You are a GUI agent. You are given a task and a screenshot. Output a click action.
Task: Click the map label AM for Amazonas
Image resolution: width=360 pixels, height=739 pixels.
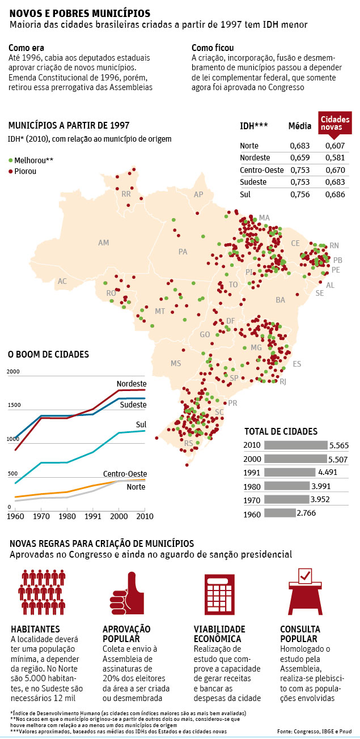pos(103,243)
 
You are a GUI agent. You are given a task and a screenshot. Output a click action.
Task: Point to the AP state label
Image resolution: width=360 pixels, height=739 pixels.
pos(198,194)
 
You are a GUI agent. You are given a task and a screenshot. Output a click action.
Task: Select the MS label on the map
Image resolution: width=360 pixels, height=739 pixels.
pos(176,363)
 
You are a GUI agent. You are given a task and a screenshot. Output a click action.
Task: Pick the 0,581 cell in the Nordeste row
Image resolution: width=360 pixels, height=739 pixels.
pos(335,158)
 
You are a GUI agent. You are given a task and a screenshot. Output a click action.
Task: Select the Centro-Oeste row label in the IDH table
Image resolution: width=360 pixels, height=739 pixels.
pos(261,169)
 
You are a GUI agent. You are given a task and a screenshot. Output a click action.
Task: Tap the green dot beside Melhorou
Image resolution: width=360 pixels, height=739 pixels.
pos(10,160)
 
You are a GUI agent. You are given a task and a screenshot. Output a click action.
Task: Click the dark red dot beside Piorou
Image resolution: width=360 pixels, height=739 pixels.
pos(10,171)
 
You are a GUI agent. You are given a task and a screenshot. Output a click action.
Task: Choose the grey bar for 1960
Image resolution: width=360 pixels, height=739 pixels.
pos(280,513)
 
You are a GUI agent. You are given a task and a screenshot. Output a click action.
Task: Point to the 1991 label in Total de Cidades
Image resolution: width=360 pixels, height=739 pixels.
pos(252,473)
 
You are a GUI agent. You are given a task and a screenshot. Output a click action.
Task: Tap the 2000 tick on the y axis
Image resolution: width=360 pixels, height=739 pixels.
pos(13,371)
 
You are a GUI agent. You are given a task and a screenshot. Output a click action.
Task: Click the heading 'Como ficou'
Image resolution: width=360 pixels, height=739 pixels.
pos(213,48)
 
